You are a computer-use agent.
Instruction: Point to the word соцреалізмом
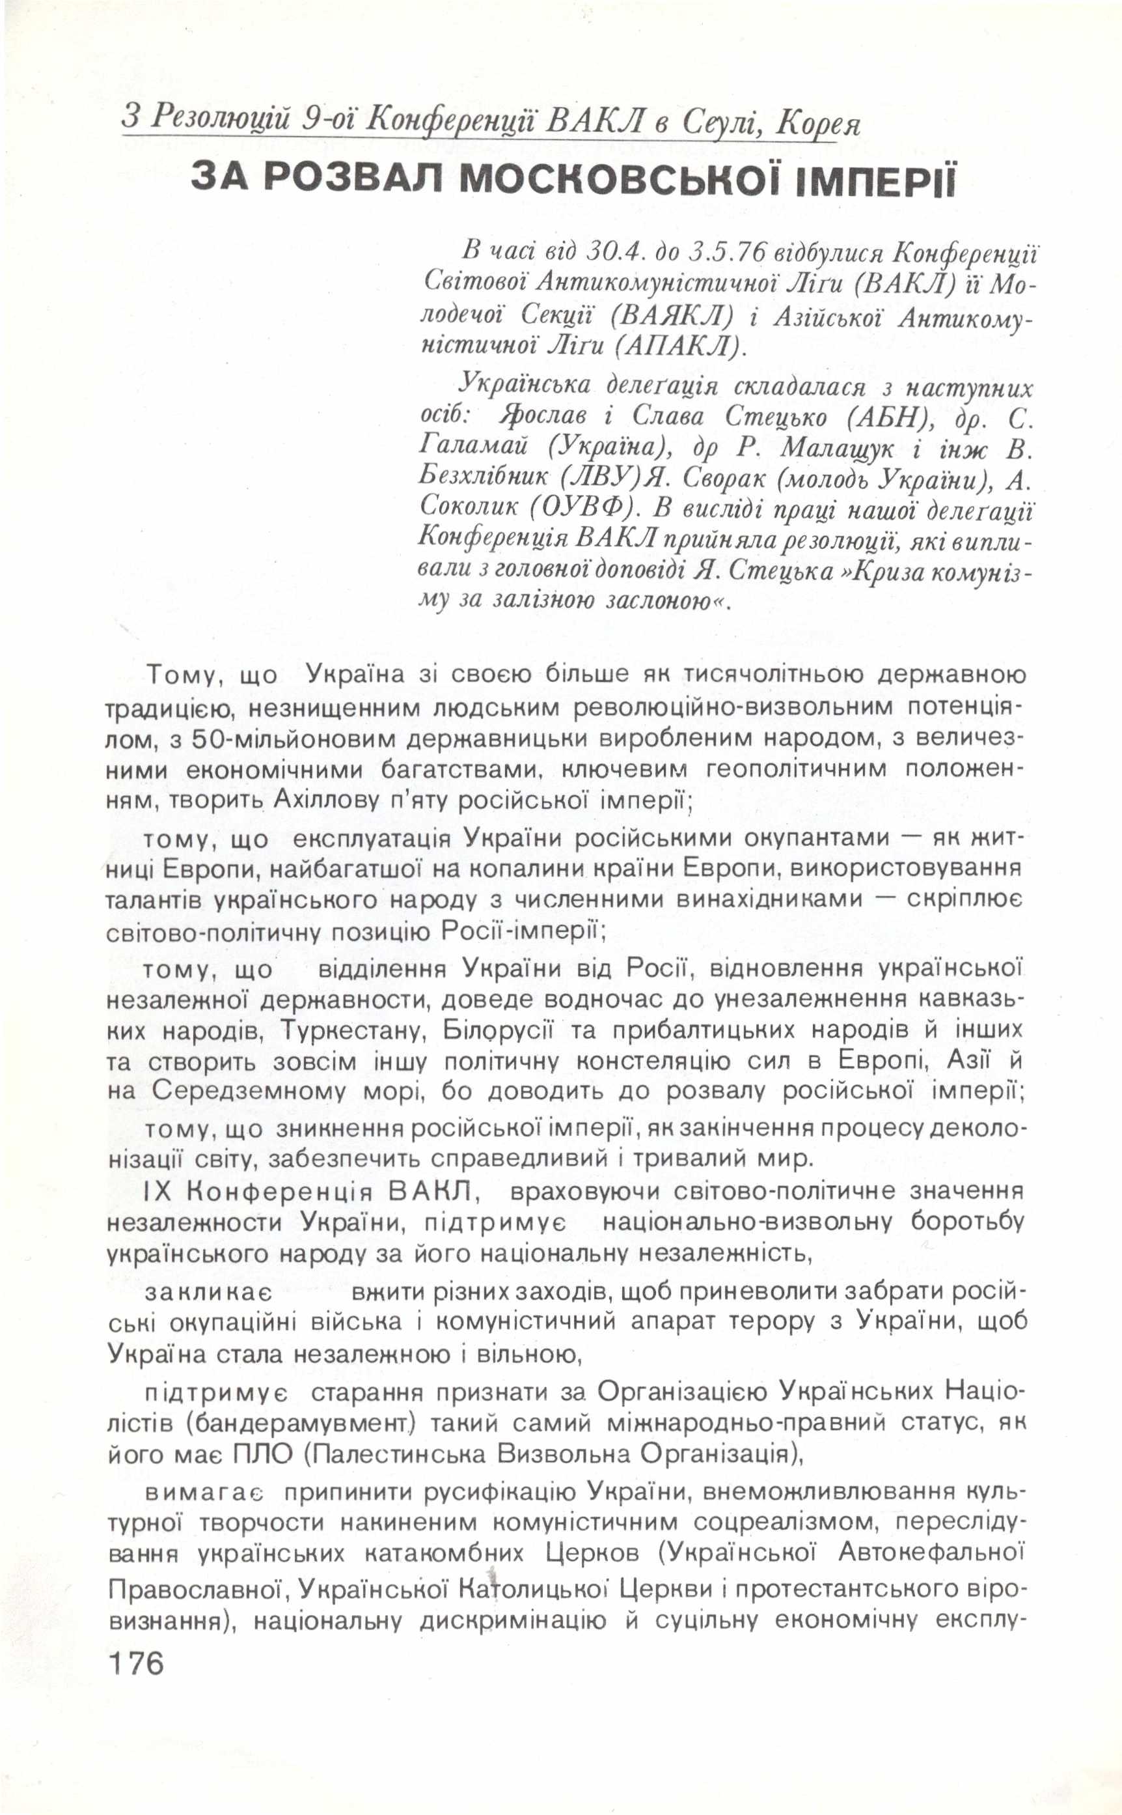(787, 1521)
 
